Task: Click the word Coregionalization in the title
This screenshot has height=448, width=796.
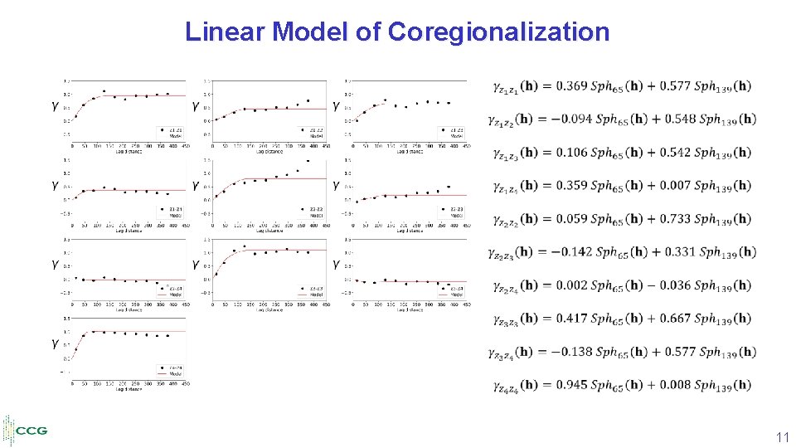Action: (x=498, y=32)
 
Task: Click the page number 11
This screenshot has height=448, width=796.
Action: (x=781, y=436)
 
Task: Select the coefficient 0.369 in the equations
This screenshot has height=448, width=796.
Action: (x=571, y=85)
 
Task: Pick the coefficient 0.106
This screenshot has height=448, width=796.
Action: (x=571, y=152)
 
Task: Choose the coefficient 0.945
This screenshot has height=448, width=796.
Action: (x=571, y=384)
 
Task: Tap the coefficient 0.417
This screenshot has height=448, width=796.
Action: (x=571, y=318)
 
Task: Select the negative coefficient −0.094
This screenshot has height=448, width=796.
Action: (x=574, y=119)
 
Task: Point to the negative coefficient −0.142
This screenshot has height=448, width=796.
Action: (x=574, y=251)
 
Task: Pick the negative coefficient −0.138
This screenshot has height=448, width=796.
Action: (x=574, y=351)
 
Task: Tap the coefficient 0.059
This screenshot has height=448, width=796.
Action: (x=571, y=218)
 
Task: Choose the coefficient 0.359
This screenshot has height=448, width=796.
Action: (x=571, y=185)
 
